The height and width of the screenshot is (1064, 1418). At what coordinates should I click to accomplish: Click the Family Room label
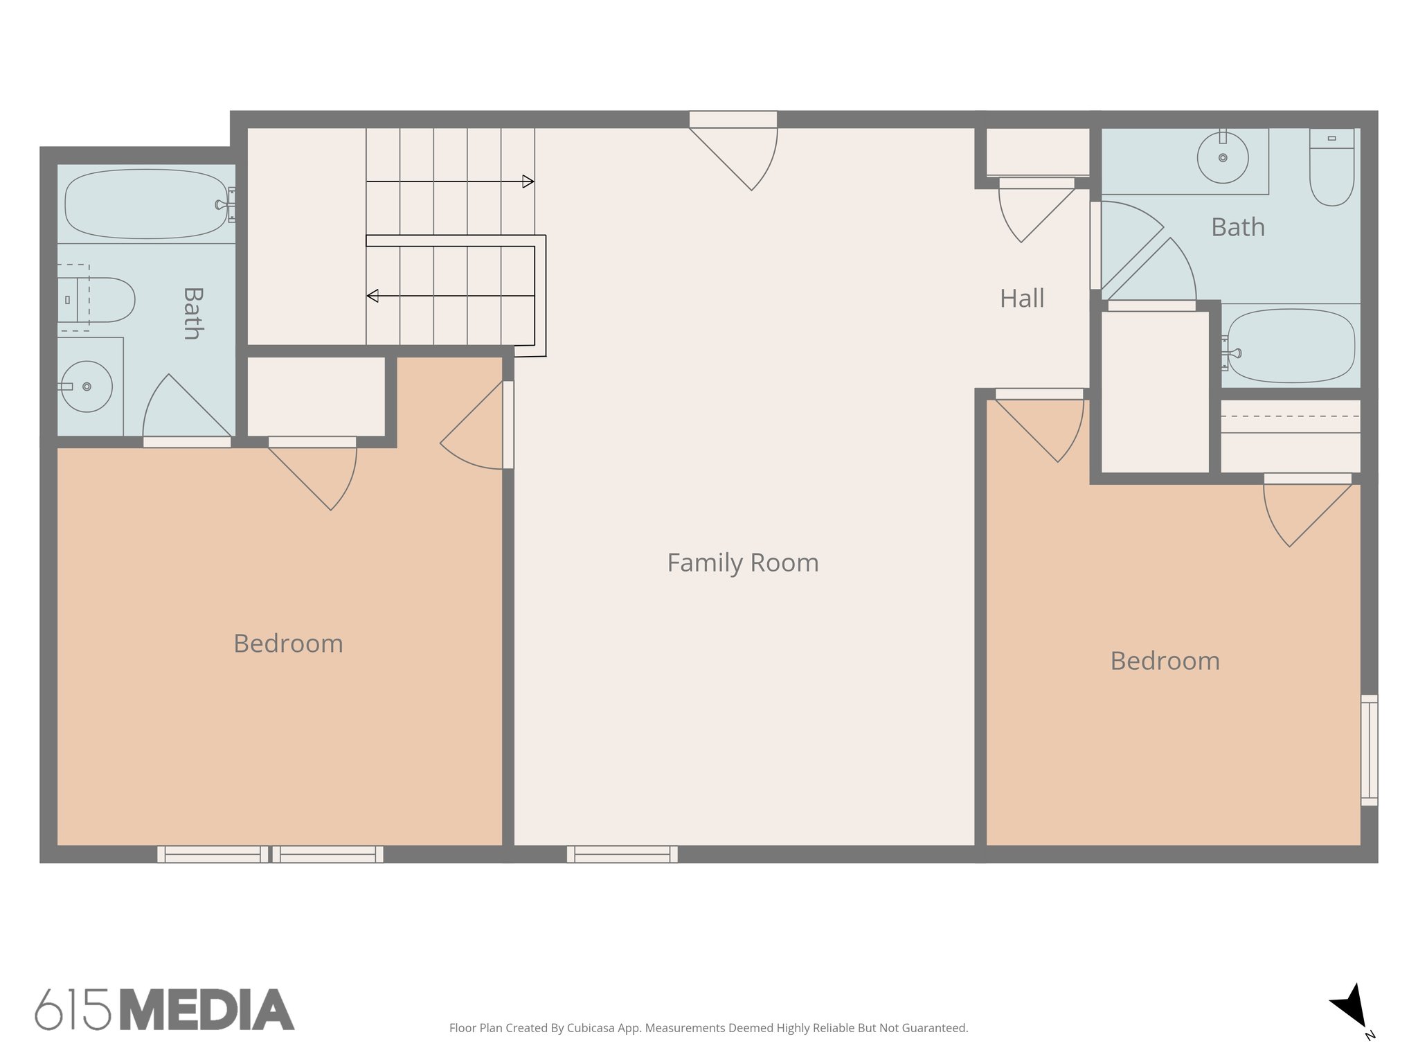pos(742,562)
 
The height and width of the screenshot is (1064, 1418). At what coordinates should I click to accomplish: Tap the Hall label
pos(1021,299)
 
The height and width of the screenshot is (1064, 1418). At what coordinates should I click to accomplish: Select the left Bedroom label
pos(288,644)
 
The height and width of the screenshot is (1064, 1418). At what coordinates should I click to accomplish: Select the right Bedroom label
pos(1165,661)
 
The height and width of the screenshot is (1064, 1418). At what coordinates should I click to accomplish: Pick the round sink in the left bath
pos(87,387)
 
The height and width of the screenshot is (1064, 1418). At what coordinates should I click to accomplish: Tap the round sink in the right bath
pos(1223,158)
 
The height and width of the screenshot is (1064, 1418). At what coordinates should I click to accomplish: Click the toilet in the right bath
pos(1331,170)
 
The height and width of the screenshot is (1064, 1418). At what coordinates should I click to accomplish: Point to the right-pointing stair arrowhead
pos(528,181)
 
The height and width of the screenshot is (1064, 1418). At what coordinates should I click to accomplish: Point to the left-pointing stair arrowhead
pos(373,296)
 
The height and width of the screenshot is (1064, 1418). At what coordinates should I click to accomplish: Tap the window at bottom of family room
pos(622,854)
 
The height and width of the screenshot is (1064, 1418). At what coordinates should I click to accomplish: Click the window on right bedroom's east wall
pos(1369,750)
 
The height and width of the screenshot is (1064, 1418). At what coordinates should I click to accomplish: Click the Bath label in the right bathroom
pos(1237,227)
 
